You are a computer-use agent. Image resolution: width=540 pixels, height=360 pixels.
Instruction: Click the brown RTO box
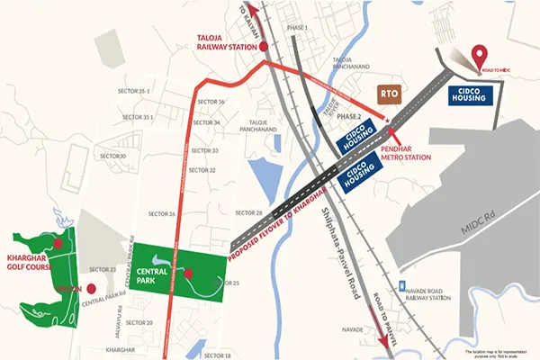coord(391,94)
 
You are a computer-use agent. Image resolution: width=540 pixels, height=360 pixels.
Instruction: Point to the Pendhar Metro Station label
coord(405,151)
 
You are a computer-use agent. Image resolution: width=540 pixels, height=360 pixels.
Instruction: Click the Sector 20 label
coord(139,321)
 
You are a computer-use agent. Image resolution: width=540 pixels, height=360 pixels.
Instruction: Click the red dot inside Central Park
coord(189,274)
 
